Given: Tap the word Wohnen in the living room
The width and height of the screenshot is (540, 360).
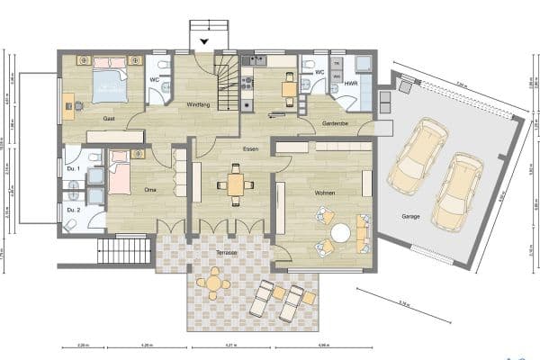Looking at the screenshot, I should click(325, 193).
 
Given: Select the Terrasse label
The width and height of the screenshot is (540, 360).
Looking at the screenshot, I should click(225, 253).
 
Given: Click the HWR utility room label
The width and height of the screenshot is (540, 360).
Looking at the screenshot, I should click(350, 84).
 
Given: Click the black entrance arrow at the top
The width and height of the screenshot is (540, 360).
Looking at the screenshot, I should click(204, 41).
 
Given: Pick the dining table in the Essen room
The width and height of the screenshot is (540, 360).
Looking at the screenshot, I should click(236, 184).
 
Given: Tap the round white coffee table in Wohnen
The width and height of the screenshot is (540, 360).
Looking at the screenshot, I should click(340, 232).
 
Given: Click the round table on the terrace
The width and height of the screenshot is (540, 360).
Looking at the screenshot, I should click(213, 283).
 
